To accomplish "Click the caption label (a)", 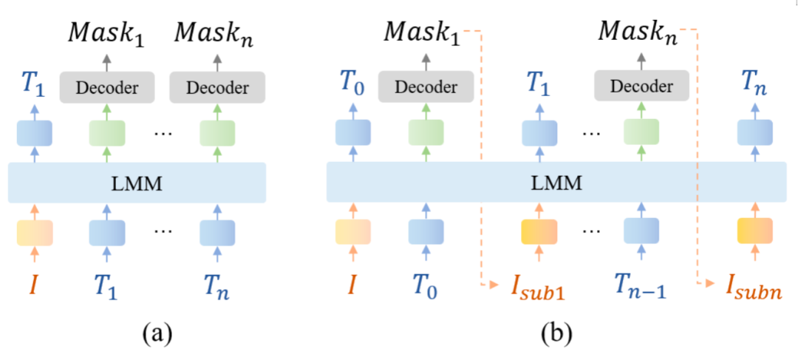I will click(157, 334).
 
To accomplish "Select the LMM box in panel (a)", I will click(137, 182).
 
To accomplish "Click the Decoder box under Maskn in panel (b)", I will click(641, 87).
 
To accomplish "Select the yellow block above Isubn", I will click(754, 231).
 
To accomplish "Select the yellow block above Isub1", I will click(539, 231).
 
